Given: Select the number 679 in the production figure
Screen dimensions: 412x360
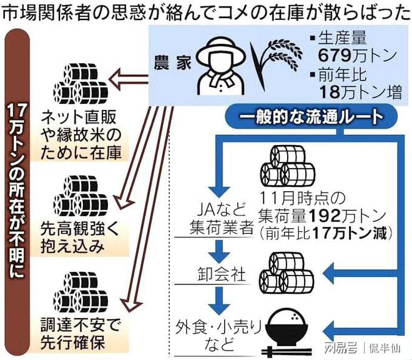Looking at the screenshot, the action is tap(335, 55).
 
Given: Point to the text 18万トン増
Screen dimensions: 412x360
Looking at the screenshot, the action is tap(360, 92).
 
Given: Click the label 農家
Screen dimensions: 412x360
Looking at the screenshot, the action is tap(173, 62).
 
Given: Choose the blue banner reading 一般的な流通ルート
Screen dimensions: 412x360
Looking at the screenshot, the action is tap(311, 117).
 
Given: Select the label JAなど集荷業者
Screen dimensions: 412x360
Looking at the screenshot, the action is tap(222, 218).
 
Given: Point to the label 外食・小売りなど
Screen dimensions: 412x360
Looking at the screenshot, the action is tap(218, 335).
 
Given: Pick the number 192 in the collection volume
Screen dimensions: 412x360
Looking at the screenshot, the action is tap(324, 216).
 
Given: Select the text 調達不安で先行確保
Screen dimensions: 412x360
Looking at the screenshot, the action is tap(81, 334).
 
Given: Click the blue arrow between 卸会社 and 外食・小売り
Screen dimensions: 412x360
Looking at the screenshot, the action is tap(218, 300).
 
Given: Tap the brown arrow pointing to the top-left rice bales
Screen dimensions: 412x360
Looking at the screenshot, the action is tap(128, 79).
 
